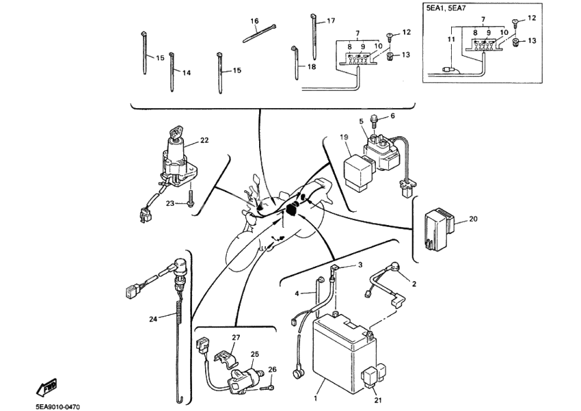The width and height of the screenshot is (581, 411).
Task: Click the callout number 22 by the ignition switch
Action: (204, 140)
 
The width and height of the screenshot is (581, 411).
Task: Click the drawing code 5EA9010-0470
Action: (58, 407)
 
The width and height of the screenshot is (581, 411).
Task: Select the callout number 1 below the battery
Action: (316, 397)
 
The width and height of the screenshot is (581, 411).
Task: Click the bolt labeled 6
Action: (375, 122)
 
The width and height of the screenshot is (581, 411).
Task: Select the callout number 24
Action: (153, 319)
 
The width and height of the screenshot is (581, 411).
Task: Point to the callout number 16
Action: (254, 21)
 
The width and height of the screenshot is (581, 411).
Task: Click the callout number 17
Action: (331, 21)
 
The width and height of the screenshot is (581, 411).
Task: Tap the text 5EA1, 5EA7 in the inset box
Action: (446, 10)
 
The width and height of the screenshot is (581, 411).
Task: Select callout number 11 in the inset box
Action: (450, 40)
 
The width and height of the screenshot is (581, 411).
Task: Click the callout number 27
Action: (236, 338)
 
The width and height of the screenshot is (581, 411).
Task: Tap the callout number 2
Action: (413, 282)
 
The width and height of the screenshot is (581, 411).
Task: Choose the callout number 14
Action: (186, 72)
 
